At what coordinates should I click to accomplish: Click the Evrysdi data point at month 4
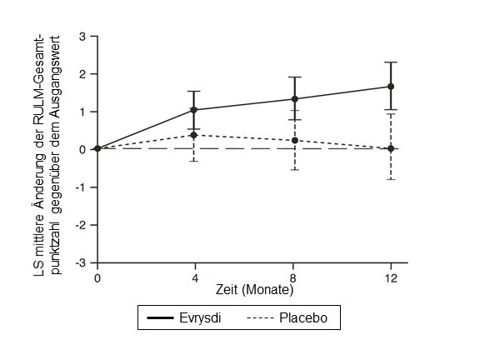coord(194,110)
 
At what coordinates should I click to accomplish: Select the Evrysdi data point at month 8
coord(292,99)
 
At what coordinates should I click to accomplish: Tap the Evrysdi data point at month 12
coord(391,87)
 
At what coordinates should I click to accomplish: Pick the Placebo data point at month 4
coord(194,135)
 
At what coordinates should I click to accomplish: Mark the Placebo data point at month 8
coord(292,140)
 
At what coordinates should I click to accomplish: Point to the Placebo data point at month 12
coord(391,148)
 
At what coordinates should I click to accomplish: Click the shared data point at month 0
coord(97,148)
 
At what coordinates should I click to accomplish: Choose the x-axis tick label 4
coord(194,277)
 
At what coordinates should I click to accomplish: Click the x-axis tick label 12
coord(391,277)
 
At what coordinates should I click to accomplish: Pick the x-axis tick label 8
coord(292,277)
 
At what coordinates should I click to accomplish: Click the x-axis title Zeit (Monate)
coord(255,290)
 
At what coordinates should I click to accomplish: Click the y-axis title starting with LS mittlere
coord(49,148)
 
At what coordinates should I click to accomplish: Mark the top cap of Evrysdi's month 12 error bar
coord(391,62)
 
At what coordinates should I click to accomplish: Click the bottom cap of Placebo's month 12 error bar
coord(391,179)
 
